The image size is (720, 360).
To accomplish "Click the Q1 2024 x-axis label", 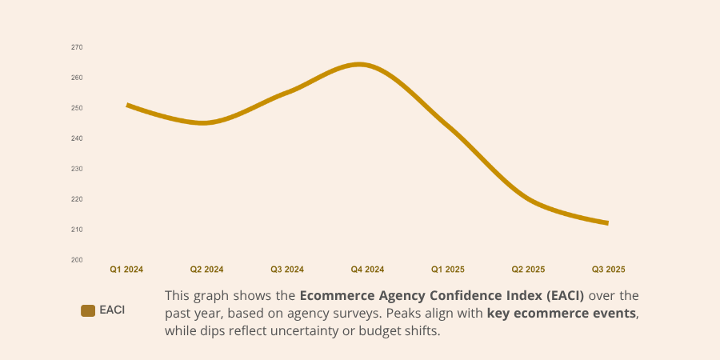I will click(126, 270).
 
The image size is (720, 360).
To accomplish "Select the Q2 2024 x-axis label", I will click(206, 270).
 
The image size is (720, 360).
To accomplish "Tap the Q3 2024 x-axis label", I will click(287, 270).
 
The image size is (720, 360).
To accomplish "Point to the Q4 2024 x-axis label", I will click(367, 270).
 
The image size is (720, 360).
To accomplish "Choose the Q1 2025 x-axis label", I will click(448, 270).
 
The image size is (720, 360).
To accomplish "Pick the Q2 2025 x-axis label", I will click(528, 270).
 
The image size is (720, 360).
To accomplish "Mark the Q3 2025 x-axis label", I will click(608, 270).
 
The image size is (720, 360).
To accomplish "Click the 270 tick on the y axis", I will click(77, 47).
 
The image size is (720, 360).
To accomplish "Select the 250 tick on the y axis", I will click(77, 108).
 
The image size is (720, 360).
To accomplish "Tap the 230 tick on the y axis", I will click(77, 169).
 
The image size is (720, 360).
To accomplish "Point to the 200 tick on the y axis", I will click(77, 260).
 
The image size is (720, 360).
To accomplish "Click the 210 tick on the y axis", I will click(77, 230).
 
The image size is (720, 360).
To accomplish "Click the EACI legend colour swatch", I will click(88, 310).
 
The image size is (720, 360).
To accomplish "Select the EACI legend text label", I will click(112, 310).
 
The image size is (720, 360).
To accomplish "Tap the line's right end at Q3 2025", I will click(607, 223).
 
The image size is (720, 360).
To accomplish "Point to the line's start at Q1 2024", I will click(128, 106).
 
